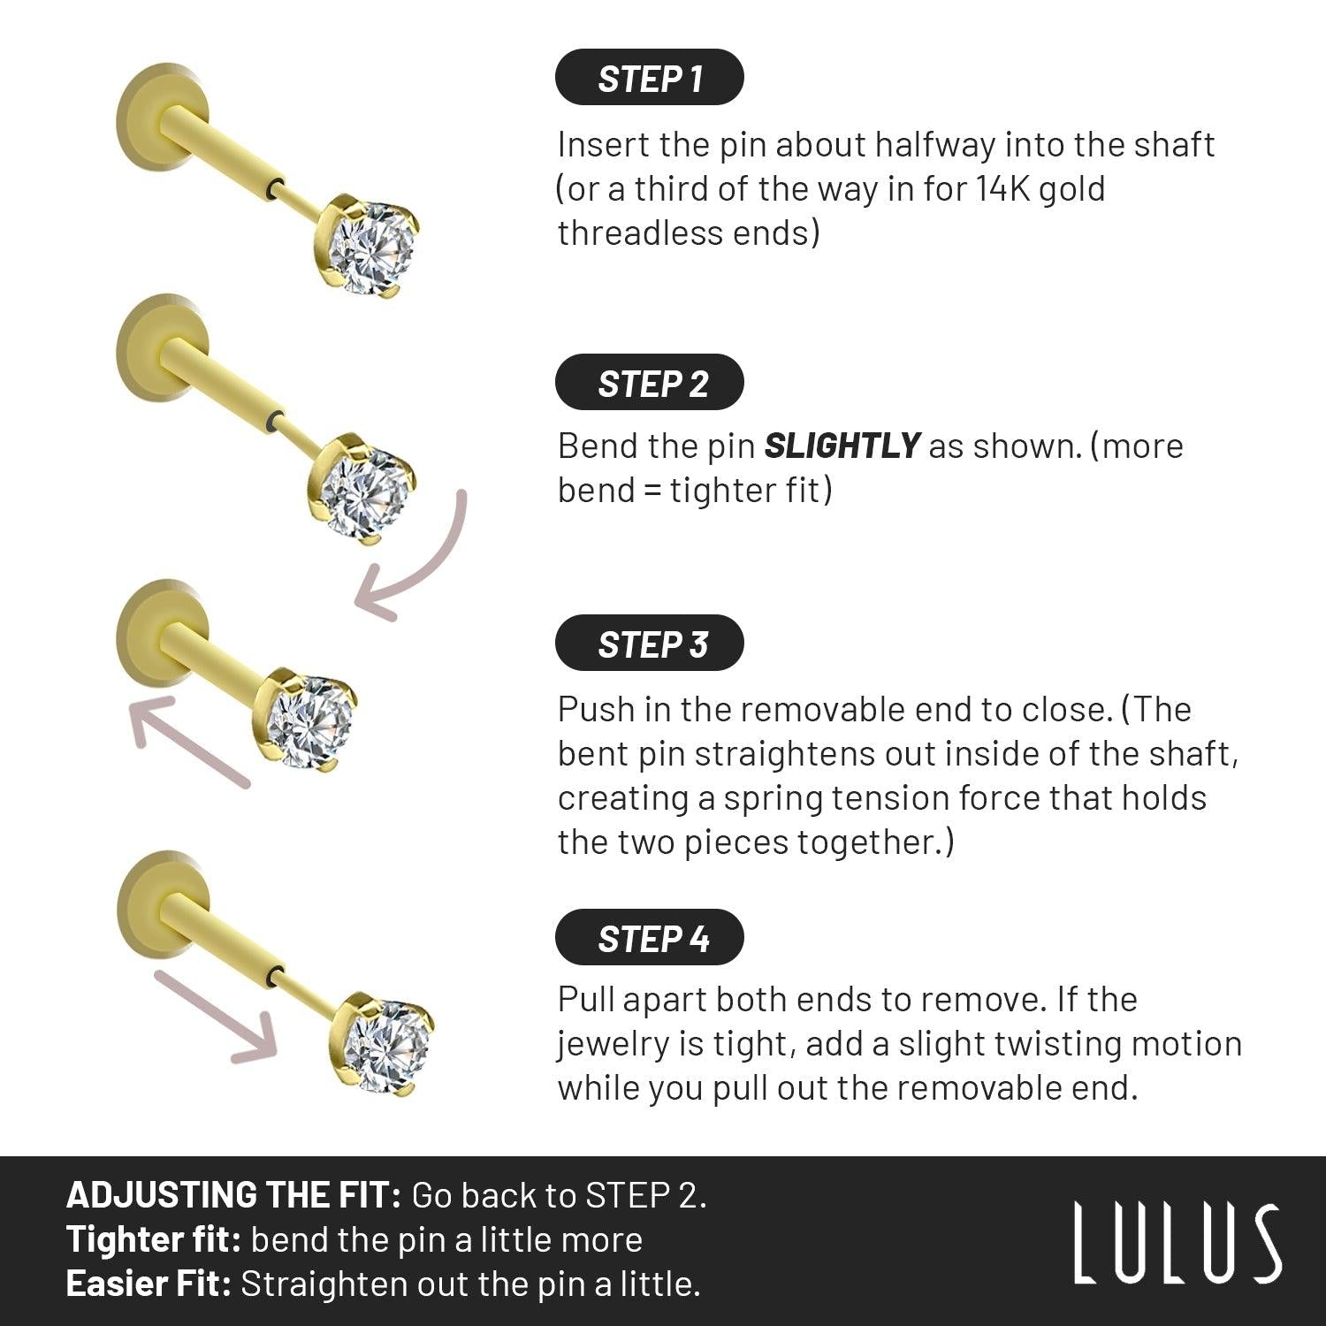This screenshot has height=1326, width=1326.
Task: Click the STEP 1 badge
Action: pos(650,78)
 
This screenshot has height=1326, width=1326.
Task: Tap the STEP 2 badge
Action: pos(650,383)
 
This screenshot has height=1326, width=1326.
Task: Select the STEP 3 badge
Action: pos(650,644)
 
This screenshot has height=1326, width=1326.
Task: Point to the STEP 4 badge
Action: pos(650,937)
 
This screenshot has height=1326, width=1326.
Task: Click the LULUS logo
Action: pos(1177,1242)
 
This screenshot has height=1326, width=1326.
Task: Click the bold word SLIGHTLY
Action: pos(842,446)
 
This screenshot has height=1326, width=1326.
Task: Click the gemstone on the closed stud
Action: pos(310,719)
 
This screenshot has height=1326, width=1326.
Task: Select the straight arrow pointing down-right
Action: pos(217,1017)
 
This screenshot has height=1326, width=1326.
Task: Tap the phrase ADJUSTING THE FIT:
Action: pos(234,1195)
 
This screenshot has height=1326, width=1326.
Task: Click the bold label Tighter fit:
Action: pos(154,1239)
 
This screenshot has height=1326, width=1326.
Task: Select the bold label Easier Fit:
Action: pos(149,1284)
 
